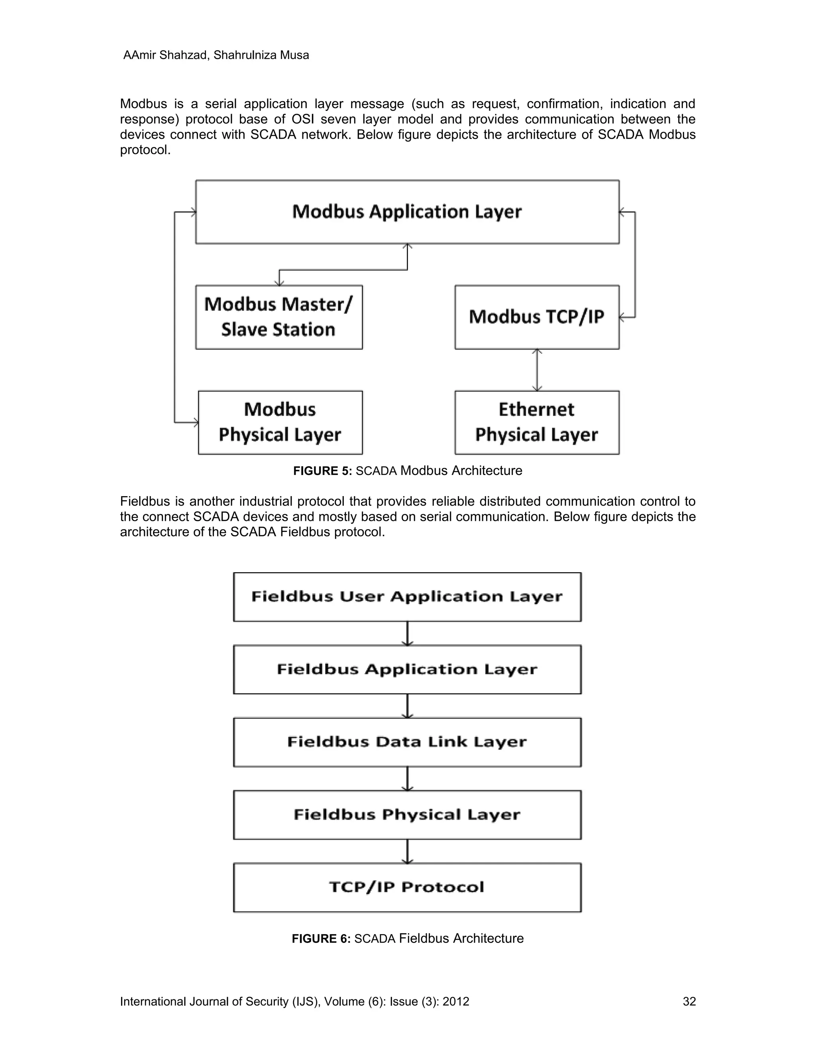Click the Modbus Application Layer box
click(x=407, y=212)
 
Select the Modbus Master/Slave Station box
click(x=279, y=317)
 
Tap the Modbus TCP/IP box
click(x=537, y=317)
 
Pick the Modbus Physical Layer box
click(x=280, y=422)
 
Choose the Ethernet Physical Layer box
click(x=537, y=422)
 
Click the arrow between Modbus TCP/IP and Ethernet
click(x=537, y=370)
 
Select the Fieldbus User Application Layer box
click(x=407, y=597)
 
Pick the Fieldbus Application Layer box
click(x=407, y=669)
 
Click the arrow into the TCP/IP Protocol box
click(x=408, y=851)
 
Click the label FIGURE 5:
click(x=322, y=471)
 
